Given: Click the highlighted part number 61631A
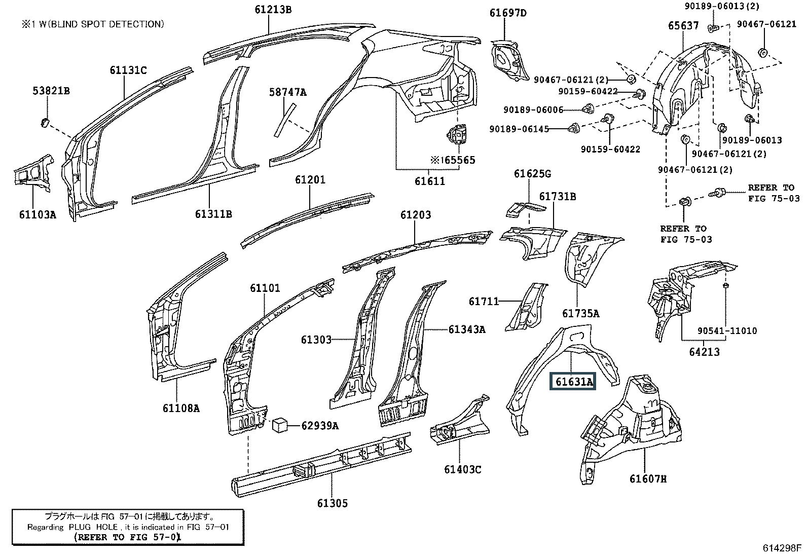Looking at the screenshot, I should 573,381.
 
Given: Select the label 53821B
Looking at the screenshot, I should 51,91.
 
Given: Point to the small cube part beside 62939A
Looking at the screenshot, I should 281,425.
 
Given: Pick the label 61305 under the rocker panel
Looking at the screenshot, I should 333,503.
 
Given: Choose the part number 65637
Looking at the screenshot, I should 683,26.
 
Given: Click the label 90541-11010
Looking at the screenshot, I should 727,331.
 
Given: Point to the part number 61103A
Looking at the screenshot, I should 38,214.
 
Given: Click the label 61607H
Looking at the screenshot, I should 648,478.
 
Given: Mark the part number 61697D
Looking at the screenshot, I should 508,13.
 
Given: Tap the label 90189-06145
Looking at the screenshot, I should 519,129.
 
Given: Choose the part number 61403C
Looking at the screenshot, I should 462,469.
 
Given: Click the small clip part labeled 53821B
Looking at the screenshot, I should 44,122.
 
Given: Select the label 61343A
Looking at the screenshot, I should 466,329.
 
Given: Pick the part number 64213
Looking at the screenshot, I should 704,351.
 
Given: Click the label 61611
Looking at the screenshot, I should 429,181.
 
